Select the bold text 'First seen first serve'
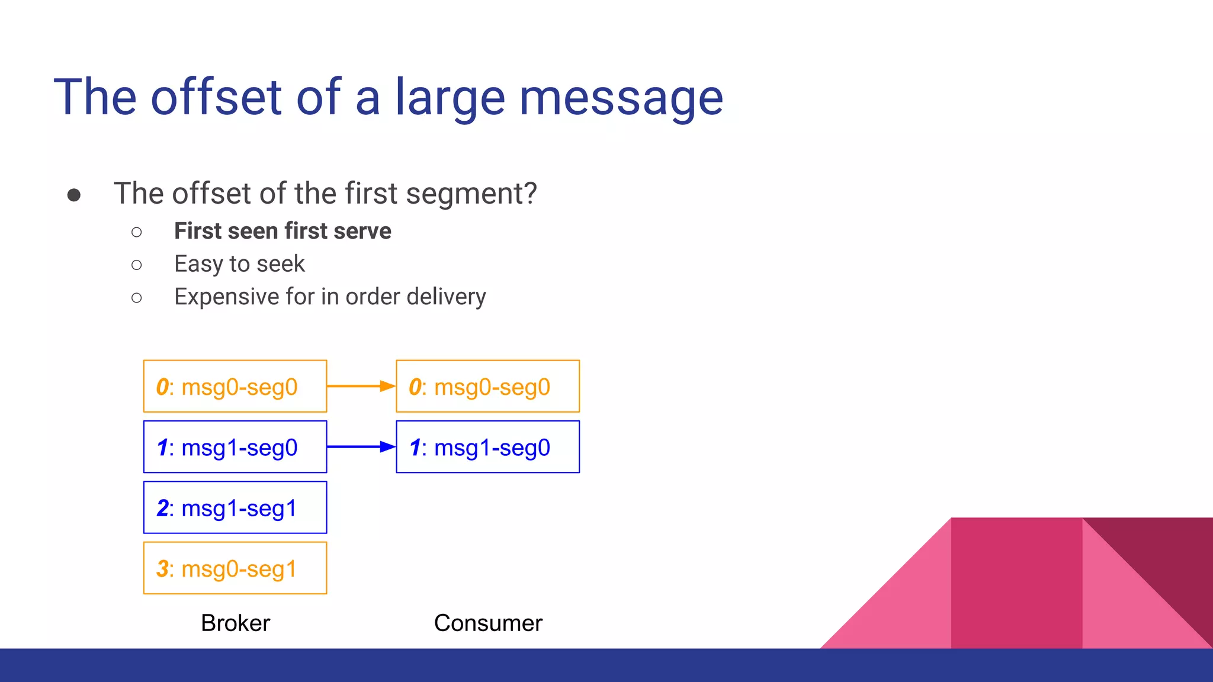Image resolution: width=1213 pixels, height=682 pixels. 283,231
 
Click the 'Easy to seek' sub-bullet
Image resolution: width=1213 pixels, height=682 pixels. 239,264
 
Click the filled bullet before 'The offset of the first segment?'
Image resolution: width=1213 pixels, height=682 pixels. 74,195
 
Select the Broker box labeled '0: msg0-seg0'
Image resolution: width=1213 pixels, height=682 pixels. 235,387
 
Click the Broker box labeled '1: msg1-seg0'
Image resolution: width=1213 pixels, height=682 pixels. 235,447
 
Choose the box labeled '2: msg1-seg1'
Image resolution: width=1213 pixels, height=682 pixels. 235,508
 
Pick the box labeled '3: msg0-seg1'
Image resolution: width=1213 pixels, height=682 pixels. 235,568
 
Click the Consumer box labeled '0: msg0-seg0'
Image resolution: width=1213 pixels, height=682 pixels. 487,387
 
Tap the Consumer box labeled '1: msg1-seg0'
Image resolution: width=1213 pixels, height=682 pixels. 487,447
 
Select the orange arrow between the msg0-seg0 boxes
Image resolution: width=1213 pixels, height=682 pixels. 361,386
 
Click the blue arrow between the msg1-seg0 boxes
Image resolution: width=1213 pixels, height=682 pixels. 361,446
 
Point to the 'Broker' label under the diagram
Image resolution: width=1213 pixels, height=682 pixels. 235,623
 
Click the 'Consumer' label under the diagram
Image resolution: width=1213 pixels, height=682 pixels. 487,623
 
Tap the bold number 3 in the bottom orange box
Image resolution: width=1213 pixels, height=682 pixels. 162,569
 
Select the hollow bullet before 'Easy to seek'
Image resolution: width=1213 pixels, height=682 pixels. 137,265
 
